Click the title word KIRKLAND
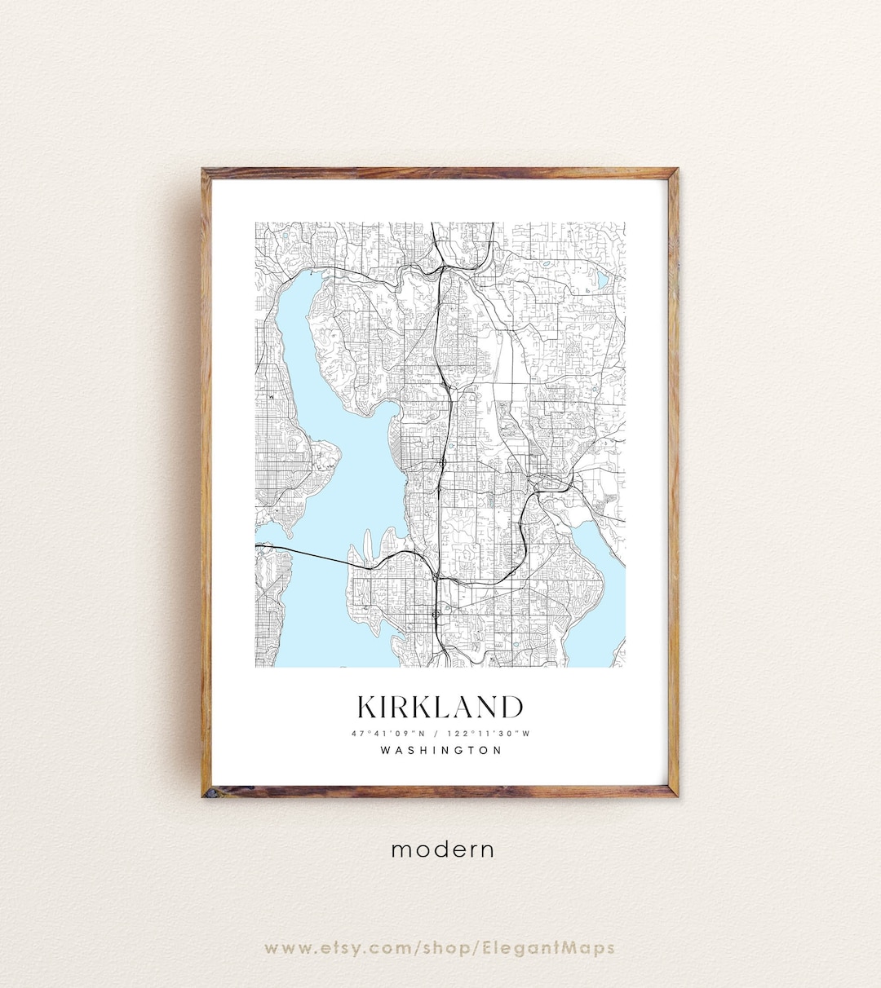pyautogui.click(x=440, y=707)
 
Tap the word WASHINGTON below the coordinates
pyautogui.click(x=441, y=750)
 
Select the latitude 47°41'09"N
pyautogui.click(x=388, y=733)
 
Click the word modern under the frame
pyautogui.click(x=442, y=849)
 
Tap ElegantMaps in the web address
pyautogui.click(x=559, y=948)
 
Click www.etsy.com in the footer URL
pyautogui.click(x=339, y=948)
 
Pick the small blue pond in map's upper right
pyautogui.click(x=602, y=281)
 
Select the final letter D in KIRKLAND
pyautogui.click(x=511, y=707)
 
